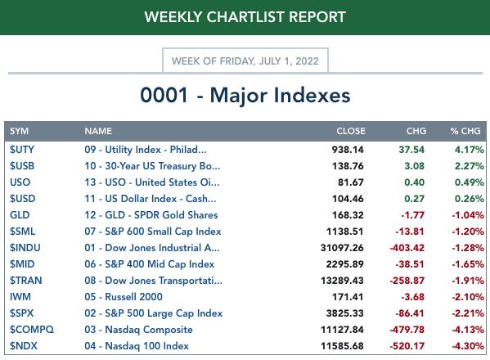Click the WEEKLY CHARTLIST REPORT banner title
[x=245, y=17]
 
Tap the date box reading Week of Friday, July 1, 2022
[x=245, y=61]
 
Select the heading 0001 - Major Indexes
[x=245, y=95]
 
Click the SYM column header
[x=19, y=131]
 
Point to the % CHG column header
[x=465, y=131]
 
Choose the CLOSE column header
[x=351, y=131]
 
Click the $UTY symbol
[x=22, y=150]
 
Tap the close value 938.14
[x=348, y=150]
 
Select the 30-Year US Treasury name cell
[x=152, y=166]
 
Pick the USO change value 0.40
[x=415, y=182]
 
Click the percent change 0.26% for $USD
[x=470, y=199]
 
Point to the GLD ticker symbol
[x=20, y=215]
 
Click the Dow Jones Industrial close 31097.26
[x=342, y=248]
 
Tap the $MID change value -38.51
[x=410, y=264]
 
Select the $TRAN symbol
[x=25, y=281]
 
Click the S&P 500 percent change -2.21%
[x=468, y=313]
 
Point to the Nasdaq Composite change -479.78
[x=407, y=330]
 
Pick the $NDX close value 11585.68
[x=342, y=346]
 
